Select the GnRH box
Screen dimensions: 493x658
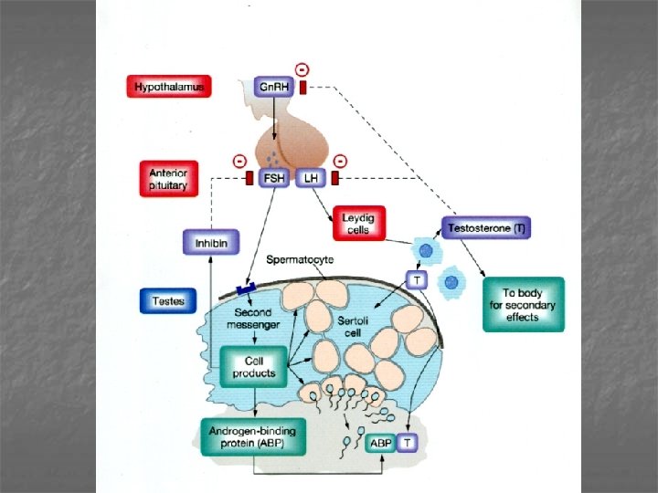click(271, 87)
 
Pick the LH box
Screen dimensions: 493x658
click(310, 178)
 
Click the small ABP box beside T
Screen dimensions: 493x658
click(380, 444)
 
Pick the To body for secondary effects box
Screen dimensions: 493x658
click(523, 304)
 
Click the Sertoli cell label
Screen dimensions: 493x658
click(353, 328)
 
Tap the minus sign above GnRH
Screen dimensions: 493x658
click(302, 68)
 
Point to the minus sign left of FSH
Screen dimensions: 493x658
click(239, 160)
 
